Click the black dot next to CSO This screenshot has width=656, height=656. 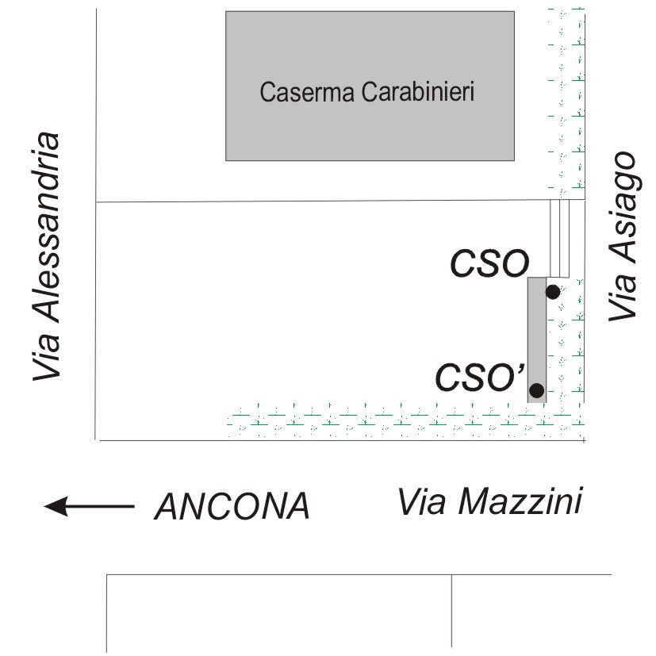553,292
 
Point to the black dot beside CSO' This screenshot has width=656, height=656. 536,390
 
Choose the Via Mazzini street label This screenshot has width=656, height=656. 490,501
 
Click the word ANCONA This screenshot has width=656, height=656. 232,506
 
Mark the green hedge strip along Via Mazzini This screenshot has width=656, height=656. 397,421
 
